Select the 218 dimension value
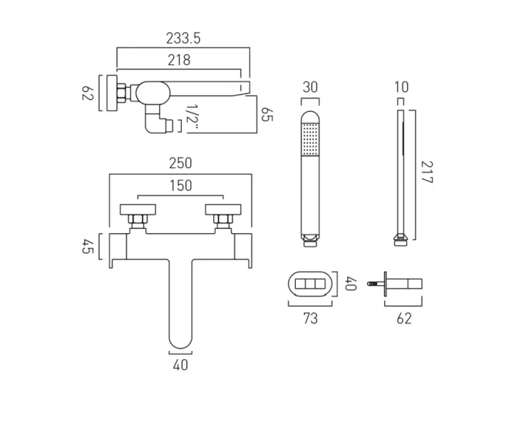coord(179,60)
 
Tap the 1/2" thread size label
coord(190,118)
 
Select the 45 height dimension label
coord(88,247)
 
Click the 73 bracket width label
coord(310,318)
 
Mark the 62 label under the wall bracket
coord(403,318)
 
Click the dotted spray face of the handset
coord(311,137)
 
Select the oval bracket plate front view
coord(310,284)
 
